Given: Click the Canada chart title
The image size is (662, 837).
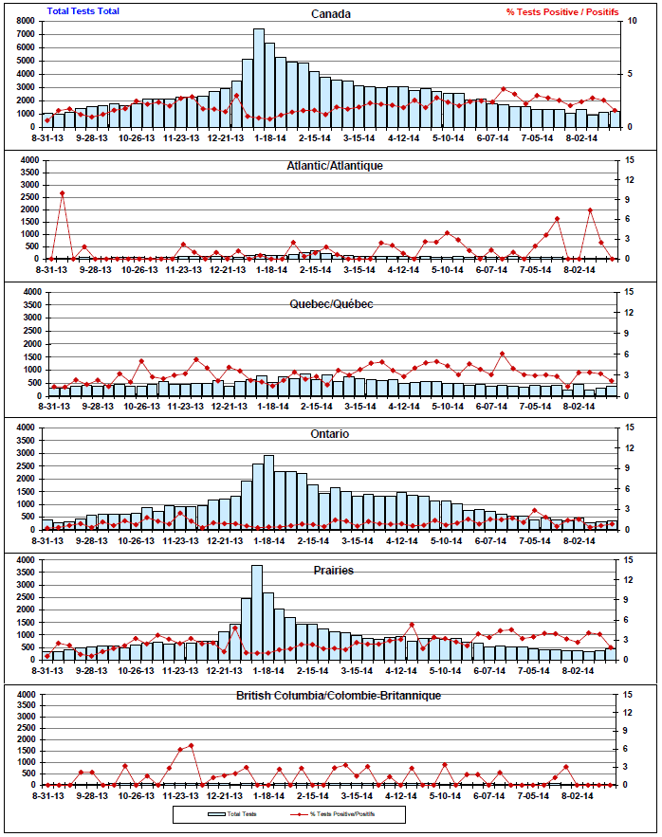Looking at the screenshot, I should click(331, 14).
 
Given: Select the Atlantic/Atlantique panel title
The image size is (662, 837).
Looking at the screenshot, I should click(334, 165).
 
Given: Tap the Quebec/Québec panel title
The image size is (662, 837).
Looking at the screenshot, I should click(331, 303).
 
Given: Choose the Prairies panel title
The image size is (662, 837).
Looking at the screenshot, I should click(333, 570).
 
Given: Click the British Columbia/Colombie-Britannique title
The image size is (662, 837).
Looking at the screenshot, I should click(338, 695).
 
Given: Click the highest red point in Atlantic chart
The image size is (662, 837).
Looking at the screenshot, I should click(63, 193).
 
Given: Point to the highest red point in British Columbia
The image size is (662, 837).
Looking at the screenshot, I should click(192, 745).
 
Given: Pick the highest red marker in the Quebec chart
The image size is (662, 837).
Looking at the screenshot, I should click(503, 355).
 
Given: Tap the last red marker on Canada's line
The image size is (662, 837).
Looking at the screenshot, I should click(615, 111).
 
